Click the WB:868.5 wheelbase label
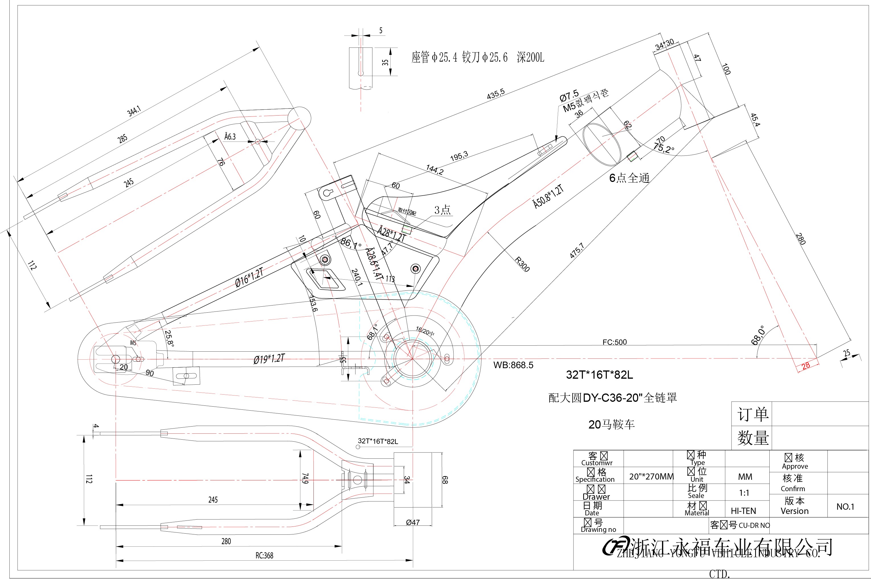click(513, 365)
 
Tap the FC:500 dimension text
click(614, 342)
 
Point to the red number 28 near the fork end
click(806, 366)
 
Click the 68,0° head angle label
click(758, 335)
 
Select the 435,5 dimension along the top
click(496, 94)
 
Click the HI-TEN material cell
click(743, 511)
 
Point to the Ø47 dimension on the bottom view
click(413, 522)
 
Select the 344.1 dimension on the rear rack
click(134, 111)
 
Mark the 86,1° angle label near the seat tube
click(351, 243)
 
